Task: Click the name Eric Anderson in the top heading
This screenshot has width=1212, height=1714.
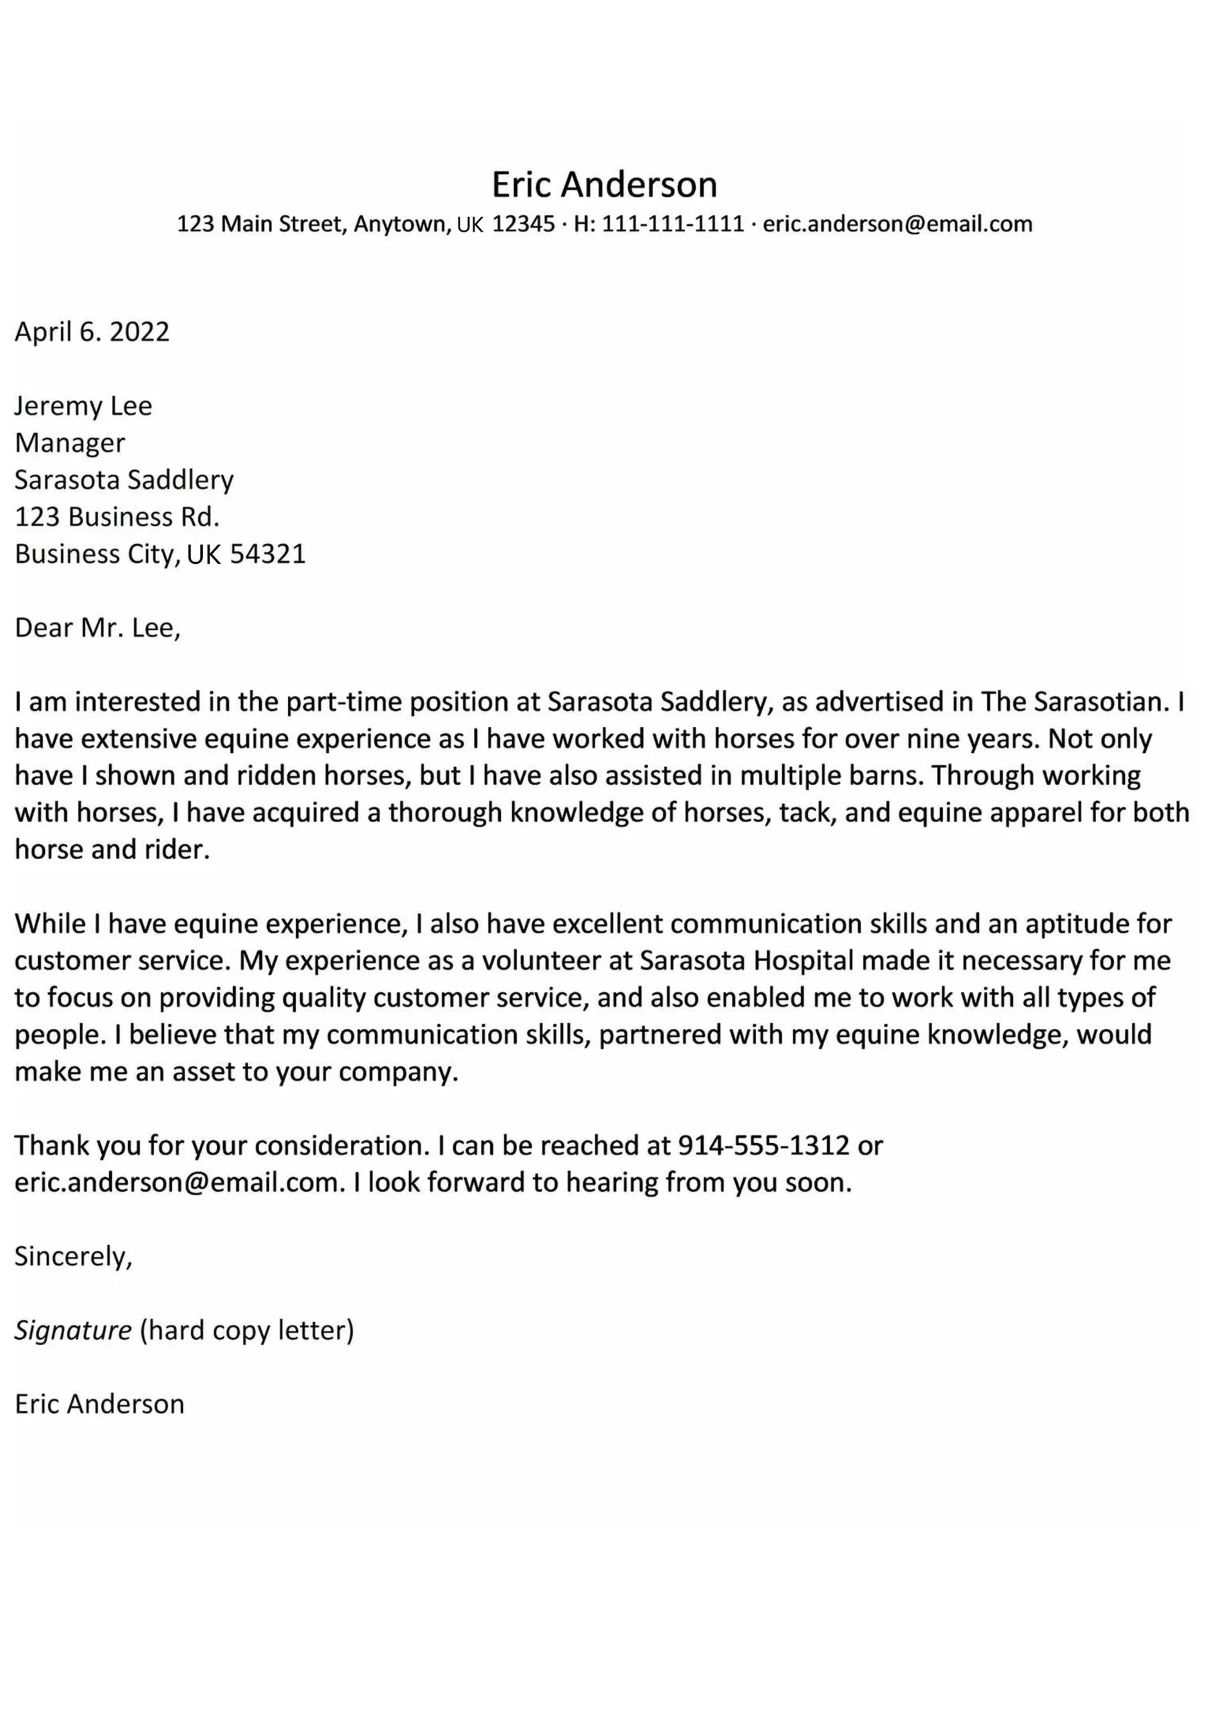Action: pyautogui.click(x=604, y=183)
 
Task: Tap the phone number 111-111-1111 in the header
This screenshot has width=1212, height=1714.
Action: pyautogui.click(x=673, y=224)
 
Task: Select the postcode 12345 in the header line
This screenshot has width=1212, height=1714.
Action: pyautogui.click(x=524, y=224)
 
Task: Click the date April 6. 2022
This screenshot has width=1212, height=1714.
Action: pyautogui.click(x=92, y=331)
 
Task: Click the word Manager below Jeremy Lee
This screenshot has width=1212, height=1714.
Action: pyautogui.click(x=70, y=443)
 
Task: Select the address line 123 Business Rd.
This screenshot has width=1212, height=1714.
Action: pyautogui.click(x=117, y=517)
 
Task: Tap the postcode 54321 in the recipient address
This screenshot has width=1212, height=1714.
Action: pyautogui.click(x=267, y=554)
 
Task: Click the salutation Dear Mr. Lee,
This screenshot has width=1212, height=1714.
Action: pyautogui.click(x=98, y=628)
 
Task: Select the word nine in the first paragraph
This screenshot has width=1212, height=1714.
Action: pyautogui.click(x=932, y=739)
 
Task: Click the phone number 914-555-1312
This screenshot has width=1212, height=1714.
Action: pyautogui.click(x=763, y=1146)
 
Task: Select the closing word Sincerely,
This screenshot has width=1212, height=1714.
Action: pyautogui.click(x=73, y=1257)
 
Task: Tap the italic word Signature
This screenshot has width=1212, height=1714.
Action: pyautogui.click(x=73, y=1331)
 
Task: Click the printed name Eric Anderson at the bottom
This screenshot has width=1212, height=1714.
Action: pyautogui.click(x=99, y=1404)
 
